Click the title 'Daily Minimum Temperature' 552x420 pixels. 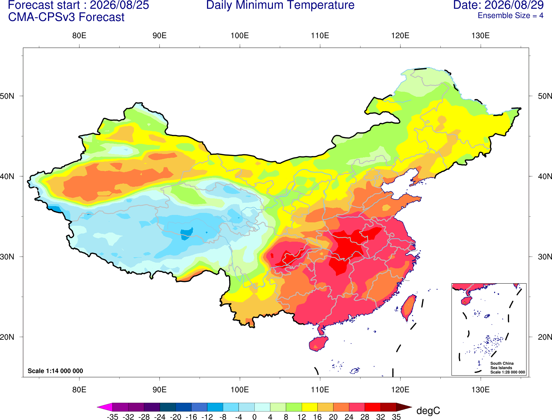tap(280, 5)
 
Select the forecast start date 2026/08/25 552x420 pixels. tap(119, 5)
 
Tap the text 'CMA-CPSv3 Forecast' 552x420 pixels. tap(66, 17)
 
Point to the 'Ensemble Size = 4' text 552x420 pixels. tap(510, 16)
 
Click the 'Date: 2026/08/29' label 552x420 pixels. tap(498, 5)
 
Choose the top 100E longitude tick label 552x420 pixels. tap(240, 36)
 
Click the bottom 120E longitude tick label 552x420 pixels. tap(400, 390)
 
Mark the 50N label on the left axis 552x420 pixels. tap(7, 96)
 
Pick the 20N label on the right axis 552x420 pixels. tap(545, 337)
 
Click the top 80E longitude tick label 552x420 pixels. tap(79, 36)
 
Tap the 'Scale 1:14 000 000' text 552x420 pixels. tap(55, 371)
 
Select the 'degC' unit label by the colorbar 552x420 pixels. tap(428, 411)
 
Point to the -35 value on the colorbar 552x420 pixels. tap(112, 417)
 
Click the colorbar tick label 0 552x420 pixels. tap(254, 417)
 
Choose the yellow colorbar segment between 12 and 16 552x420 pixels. tap(309, 407)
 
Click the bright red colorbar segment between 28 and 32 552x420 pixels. tap(373, 407)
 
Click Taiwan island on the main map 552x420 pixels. tap(408, 308)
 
